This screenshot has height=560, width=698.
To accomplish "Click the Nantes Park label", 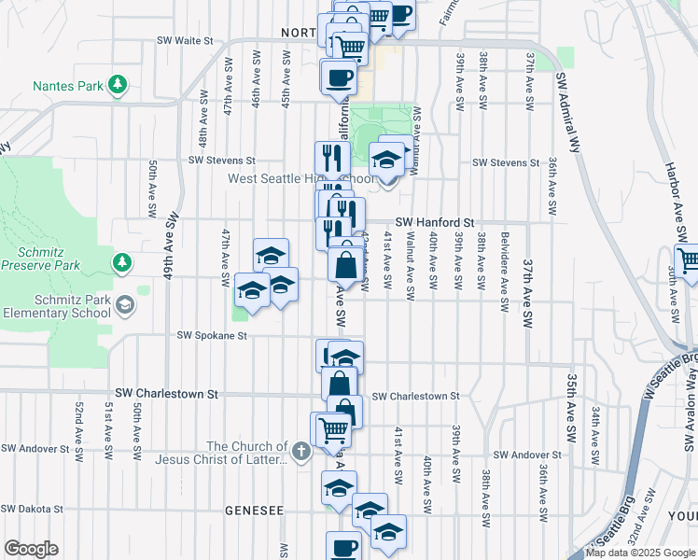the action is coord(67,86).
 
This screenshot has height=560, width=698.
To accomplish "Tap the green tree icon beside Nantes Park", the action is coord(118,86).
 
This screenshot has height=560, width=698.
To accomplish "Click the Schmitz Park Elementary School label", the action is coord(55,305).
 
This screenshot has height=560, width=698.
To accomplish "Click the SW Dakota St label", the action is coord(32,510).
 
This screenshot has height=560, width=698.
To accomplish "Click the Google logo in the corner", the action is coord(31,549).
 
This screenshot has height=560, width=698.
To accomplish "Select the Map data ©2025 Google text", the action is coord(641,553).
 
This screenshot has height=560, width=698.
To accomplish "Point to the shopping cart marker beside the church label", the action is coord(333,429).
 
